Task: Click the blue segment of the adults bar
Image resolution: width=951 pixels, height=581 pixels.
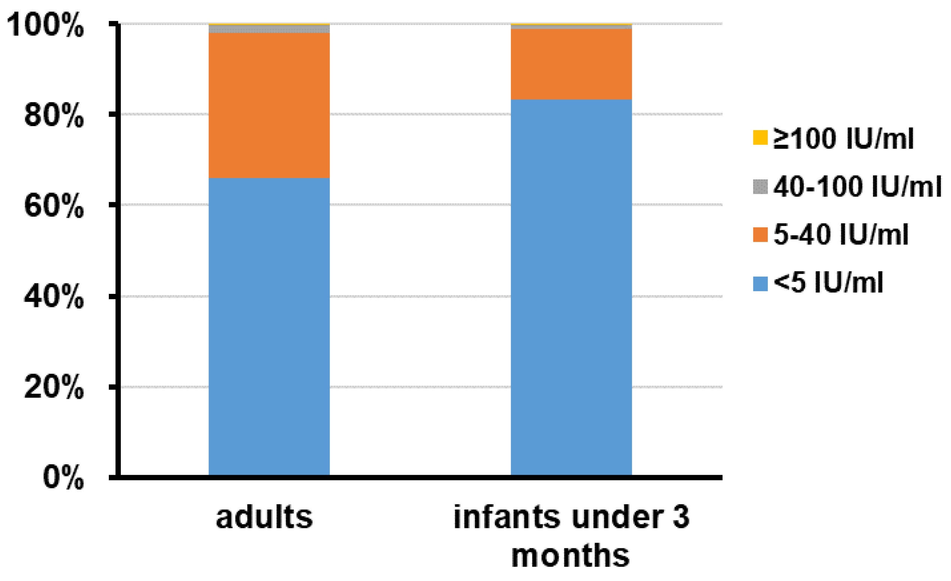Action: coord(269,326)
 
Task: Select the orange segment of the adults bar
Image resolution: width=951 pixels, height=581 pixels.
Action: coord(269,105)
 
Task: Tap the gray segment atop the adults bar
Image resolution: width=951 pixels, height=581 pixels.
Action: coord(269,29)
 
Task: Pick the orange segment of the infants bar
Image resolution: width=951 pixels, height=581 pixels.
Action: coord(571,64)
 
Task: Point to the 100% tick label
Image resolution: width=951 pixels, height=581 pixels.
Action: coord(45,25)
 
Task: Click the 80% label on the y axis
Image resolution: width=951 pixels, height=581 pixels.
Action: coord(54,115)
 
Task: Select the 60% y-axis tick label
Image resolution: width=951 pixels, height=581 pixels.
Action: coord(54,206)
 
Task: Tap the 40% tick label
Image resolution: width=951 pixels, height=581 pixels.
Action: coord(54,297)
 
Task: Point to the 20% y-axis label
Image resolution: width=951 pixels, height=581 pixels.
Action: coord(54,387)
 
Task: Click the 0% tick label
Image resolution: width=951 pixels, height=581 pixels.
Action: coord(63,477)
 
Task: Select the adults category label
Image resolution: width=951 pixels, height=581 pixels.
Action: coord(264,517)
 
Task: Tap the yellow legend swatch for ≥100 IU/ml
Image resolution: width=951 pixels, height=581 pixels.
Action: coord(760,138)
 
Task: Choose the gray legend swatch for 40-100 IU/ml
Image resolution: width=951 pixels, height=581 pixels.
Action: coord(760,187)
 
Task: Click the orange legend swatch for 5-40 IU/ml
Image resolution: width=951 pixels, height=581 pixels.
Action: coord(760,235)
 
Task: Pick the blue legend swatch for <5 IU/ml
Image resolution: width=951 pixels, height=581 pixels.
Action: coord(760,283)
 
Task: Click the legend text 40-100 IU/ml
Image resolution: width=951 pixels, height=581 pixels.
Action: coord(857,187)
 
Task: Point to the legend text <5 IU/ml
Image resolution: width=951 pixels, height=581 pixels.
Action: coord(828,283)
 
